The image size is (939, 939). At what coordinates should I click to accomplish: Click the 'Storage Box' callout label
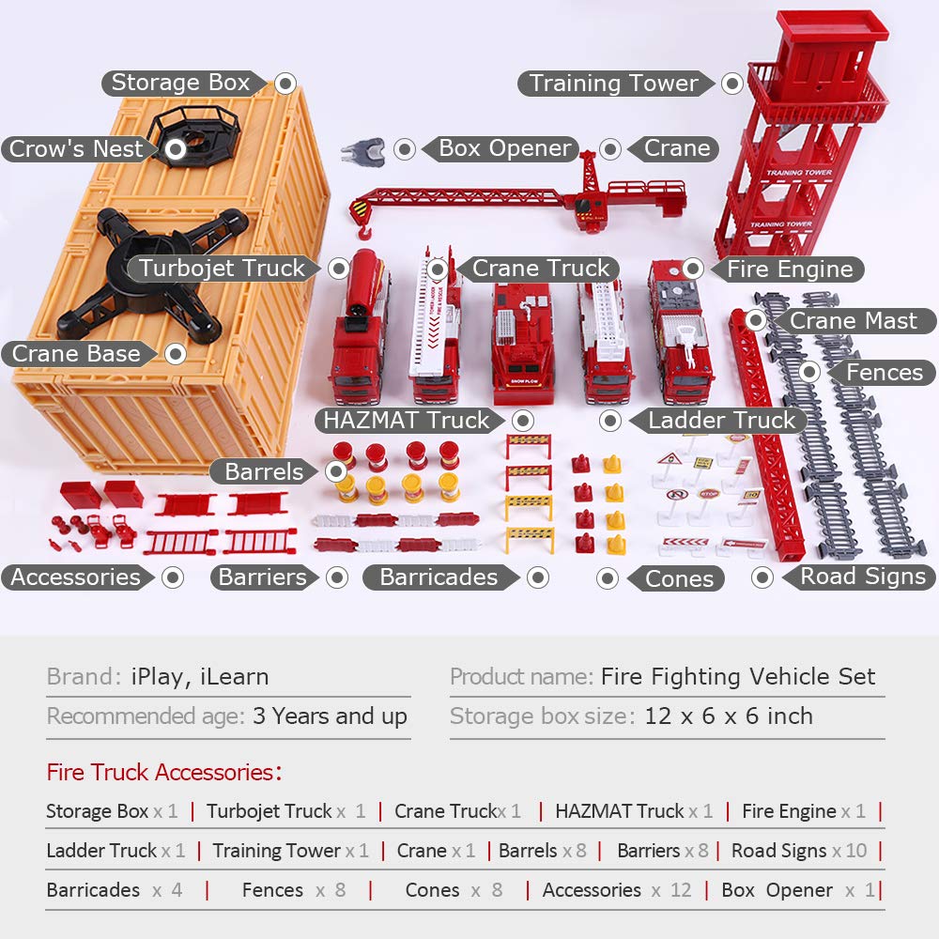click(181, 83)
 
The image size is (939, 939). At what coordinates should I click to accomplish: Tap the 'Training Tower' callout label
click(615, 84)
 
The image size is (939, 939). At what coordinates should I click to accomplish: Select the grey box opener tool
click(362, 149)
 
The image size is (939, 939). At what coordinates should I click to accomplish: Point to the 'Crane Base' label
click(78, 353)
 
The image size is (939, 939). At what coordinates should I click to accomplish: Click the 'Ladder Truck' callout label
click(719, 420)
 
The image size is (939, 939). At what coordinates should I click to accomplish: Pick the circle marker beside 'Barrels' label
click(336, 471)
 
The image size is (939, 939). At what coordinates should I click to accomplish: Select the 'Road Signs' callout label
click(860, 577)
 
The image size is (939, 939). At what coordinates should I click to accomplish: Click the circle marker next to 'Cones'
click(608, 577)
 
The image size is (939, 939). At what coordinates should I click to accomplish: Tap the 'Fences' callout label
click(882, 372)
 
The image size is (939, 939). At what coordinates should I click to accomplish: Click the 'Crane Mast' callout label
click(854, 320)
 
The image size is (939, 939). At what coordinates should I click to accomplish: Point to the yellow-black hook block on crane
click(360, 211)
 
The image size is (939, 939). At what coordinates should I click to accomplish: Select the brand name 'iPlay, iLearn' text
click(199, 677)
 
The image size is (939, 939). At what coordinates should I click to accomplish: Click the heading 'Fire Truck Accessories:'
click(164, 772)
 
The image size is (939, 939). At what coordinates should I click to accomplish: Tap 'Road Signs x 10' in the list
click(799, 851)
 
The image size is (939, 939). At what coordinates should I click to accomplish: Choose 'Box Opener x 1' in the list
click(798, 890)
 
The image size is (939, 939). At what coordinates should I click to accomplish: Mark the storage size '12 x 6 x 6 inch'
click(729, 716)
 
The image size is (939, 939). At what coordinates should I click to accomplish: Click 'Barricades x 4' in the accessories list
click(115, 890)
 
